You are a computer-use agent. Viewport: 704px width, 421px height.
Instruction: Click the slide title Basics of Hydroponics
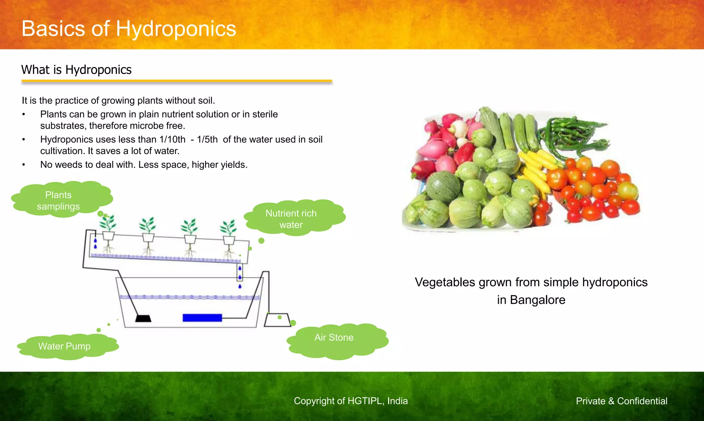[129, 29]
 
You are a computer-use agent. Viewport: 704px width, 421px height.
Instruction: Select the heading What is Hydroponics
[76, 70]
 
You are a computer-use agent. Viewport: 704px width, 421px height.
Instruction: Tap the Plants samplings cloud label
[58, 201]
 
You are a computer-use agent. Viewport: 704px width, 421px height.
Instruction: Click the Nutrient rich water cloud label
[291, 219]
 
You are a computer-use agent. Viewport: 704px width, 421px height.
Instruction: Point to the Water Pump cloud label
[64, 346]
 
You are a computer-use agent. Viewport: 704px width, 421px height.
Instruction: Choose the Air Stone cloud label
[334, 337]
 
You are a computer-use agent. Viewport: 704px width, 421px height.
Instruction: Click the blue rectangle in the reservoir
[202, 317]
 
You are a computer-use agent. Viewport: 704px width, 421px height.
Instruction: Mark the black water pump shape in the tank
[143, 318]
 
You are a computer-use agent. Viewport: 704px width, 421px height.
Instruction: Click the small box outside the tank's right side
[277, 320]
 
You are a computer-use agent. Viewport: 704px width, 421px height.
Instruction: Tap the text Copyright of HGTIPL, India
[351, 401]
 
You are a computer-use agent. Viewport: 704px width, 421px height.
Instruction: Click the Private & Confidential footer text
[621, 401]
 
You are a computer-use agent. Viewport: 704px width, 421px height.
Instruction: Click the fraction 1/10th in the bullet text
[172, 140]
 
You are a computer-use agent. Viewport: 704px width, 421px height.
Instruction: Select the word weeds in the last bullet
[68, 165]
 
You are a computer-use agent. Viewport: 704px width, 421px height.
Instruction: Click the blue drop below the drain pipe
[240, 286]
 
